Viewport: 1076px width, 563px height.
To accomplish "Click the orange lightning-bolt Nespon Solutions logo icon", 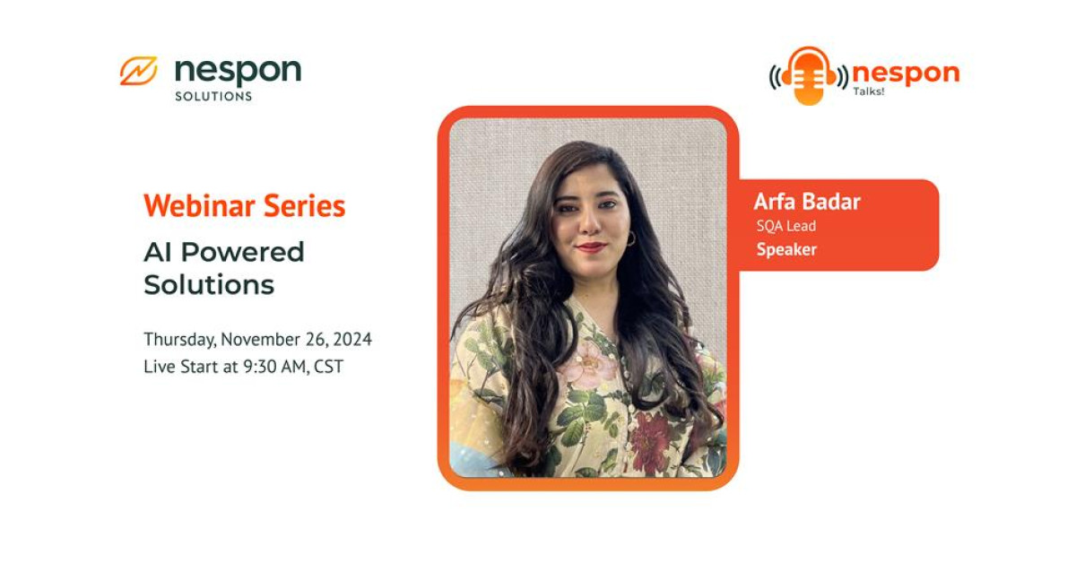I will coord(138,71).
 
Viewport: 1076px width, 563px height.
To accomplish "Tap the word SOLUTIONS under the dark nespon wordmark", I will coord(213,96).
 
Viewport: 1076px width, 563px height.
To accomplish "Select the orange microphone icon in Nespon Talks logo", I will coord(809,75).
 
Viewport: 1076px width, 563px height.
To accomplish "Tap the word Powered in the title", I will coord(243,252).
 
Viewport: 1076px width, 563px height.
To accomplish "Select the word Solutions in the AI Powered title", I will coord(208,285).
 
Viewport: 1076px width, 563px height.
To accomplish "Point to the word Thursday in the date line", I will coord(178,340).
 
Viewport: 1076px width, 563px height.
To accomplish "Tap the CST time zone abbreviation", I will coord(328,367).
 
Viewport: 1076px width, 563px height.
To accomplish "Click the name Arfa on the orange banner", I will coord(775,202).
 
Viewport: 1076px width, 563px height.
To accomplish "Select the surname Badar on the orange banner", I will coord(832,202).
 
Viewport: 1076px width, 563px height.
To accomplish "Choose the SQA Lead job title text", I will coord(785,226).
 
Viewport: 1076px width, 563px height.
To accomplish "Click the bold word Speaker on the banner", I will coord(786,250).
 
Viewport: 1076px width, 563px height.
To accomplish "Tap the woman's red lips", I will coord(592,247).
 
